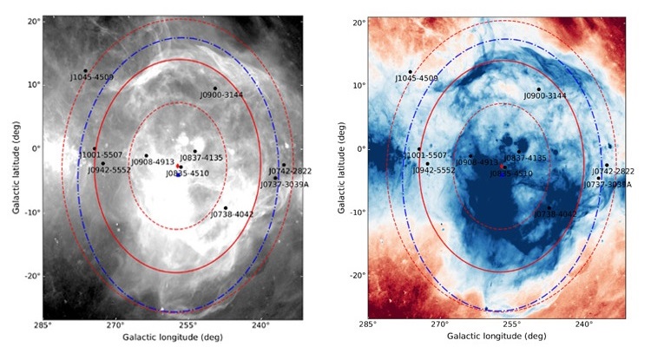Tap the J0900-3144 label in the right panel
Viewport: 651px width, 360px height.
click(x=545, y=95)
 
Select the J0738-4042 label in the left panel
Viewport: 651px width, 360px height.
click(x=231, y=214)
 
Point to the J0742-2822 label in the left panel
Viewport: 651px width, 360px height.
click(x=289, y=171)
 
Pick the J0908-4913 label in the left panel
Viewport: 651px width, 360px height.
click(x=153, y=161)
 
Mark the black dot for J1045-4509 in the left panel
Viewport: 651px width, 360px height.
click(x=85, y=71)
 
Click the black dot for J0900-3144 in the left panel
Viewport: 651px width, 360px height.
click(x=214, y=88)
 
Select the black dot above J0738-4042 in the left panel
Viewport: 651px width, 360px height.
click(x=225, y=208)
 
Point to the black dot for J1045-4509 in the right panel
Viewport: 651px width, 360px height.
click(x=410, y=71)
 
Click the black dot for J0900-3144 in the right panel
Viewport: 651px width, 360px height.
click(x=538, y=88)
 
